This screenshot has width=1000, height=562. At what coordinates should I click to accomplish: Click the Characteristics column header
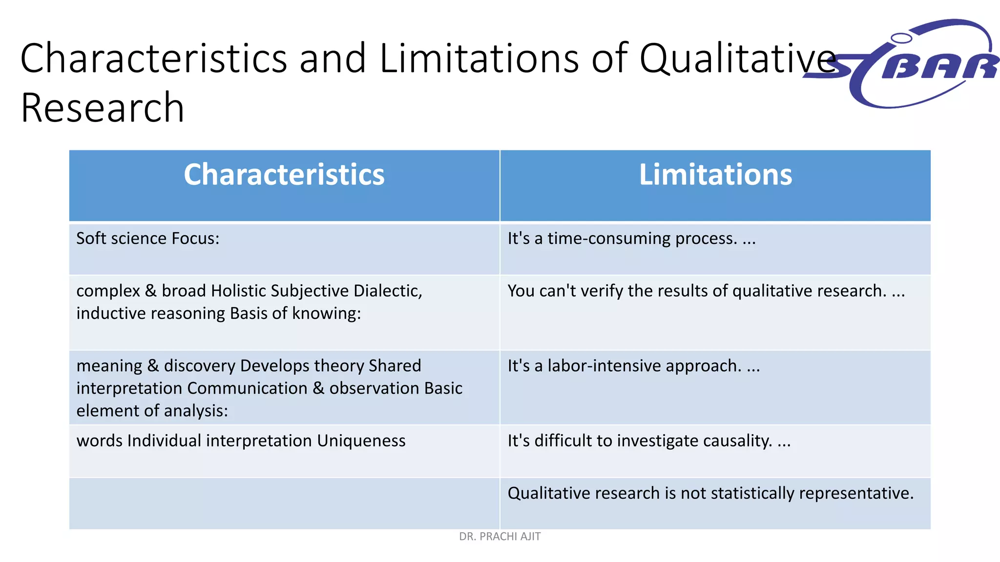(284, 175)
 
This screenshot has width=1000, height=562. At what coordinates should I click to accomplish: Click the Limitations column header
(715, 175)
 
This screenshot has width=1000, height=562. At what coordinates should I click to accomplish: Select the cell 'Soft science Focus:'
(148, 239)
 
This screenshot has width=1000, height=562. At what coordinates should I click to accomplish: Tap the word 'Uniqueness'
(361, 441)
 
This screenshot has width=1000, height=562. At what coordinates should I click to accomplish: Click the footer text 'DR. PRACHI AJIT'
(500, 537)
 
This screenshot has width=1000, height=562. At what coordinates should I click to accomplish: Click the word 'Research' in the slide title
(103, 108)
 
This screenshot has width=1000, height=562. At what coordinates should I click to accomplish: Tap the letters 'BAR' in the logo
(940, 67)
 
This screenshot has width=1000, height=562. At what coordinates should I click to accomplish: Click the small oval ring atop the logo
(901, 38)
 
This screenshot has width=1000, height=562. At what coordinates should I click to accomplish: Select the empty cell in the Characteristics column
(284, 503)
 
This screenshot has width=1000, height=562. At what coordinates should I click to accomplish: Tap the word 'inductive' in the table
(111, 313)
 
